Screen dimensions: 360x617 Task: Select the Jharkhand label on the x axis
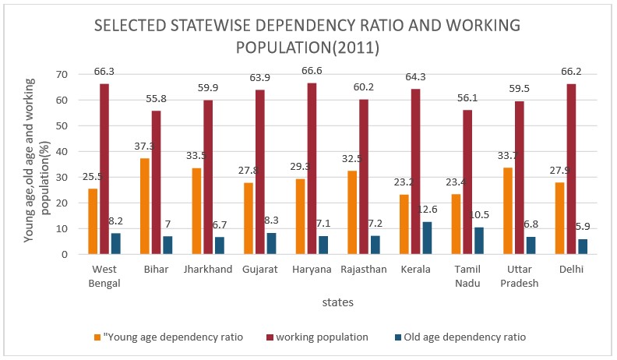pos(206,269)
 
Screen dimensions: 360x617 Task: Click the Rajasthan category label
pos(364,269)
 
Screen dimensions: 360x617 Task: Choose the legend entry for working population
pos(316,337)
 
